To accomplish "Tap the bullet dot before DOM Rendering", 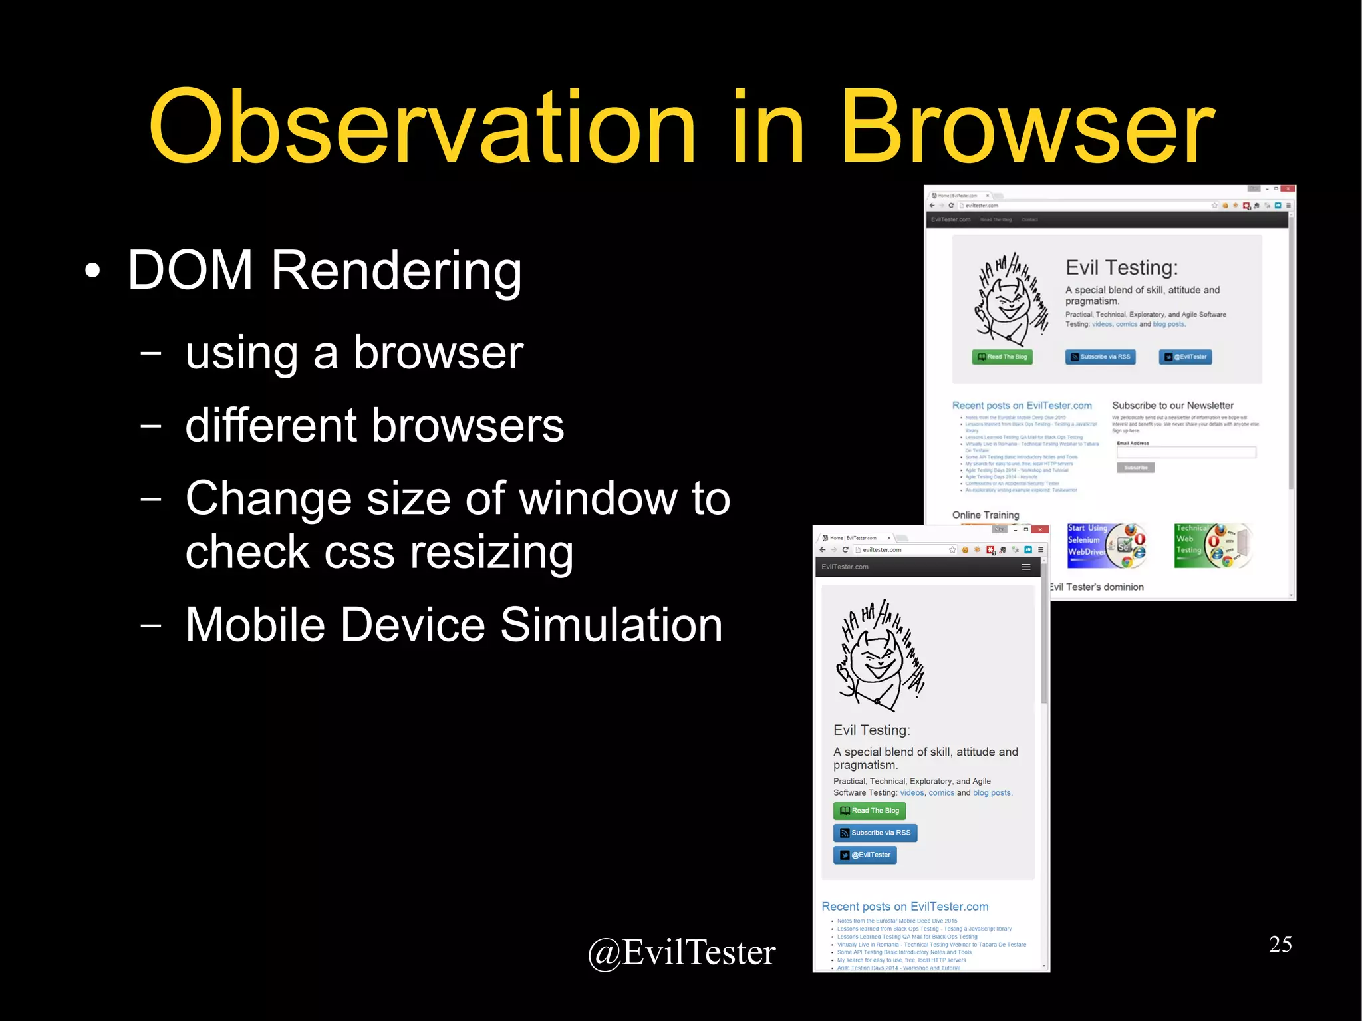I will pos(92,271).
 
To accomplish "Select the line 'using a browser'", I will pos(354,353).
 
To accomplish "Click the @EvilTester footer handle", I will pos(682,952).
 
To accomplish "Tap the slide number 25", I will pos(1280,944).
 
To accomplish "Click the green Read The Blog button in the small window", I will pos(869,811).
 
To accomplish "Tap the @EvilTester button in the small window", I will pos(865,855).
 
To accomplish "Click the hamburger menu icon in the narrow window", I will pos(1025,567).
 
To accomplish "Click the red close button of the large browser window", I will pos(1288,189).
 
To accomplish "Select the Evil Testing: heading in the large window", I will pos(1121,267).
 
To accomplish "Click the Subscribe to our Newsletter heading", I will pos(1172,405).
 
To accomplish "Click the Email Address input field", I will pos(1186,452).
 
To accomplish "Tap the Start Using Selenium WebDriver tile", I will pos(1105,545).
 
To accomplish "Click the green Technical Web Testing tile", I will pos(1212,545).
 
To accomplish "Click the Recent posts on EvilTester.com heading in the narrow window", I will pos(904,906).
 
